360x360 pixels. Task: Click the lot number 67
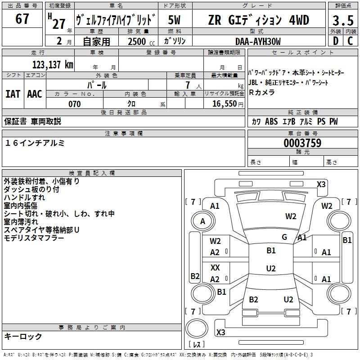coord(22,19)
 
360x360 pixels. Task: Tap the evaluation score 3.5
coord(342,21)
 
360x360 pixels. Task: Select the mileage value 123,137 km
coord(53,64)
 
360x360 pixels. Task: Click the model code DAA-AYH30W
coord(258,41)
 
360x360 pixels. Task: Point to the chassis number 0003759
coord(302,143)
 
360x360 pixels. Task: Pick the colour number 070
coord(74,104)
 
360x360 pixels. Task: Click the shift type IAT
coord(13,94)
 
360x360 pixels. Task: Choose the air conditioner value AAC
coord(35,94)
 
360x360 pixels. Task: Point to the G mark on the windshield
coord(284,237)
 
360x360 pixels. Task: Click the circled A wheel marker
coord(202,221)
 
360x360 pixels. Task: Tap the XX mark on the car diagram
coord(215,267)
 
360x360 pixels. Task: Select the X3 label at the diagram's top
coord(321,184)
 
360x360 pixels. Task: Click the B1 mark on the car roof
coord(271,250)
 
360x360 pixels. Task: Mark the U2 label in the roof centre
coord(271,269)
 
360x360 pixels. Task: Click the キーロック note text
coord(23,336)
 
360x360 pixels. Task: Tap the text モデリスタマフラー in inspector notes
coord(34,238)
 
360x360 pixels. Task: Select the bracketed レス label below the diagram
coord(196,345)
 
